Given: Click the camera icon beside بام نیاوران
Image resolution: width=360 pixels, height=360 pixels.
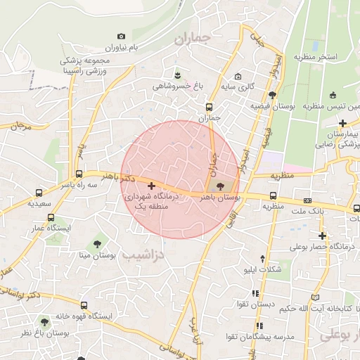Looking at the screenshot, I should tap(122, 37).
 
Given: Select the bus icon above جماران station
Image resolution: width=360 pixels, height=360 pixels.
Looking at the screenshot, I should tap(209, 107).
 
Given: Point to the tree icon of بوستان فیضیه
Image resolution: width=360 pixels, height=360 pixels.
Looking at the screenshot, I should tap(272, 95).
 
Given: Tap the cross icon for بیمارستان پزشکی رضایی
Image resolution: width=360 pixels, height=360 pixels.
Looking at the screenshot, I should tap(342, 124).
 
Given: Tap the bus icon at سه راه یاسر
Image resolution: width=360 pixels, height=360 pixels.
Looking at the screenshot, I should tap(77, 174).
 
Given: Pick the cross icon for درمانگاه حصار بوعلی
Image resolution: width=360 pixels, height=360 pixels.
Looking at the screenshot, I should tap(322, 236).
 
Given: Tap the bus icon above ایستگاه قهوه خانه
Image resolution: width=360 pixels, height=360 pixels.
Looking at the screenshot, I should tap(84, 306).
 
